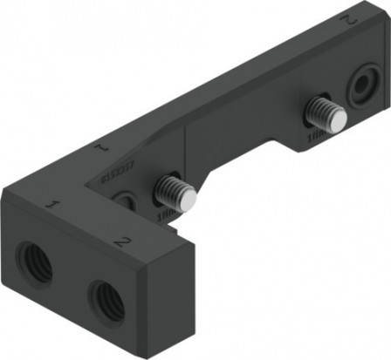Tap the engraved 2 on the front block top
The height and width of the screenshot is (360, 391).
click(x=122, y=241)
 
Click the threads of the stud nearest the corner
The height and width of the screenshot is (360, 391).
click(x=172, y=188)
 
